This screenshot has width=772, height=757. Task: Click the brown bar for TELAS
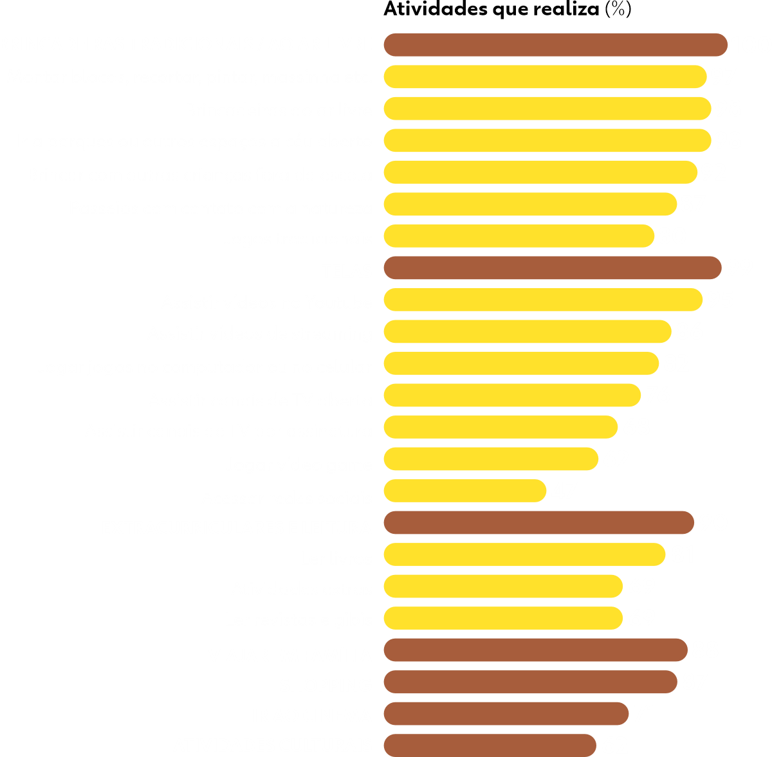[552, 268]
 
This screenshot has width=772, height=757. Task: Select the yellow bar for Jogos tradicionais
[519, 236]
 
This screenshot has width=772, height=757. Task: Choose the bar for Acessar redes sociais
[464, 491]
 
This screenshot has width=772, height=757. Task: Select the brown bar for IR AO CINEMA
[506, 714]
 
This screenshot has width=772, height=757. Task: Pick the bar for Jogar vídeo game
[491, 459]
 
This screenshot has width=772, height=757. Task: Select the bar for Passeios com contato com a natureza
[530, 205]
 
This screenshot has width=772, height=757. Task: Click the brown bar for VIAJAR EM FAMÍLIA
[535, 650]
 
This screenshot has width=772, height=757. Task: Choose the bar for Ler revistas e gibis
[503, 619]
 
